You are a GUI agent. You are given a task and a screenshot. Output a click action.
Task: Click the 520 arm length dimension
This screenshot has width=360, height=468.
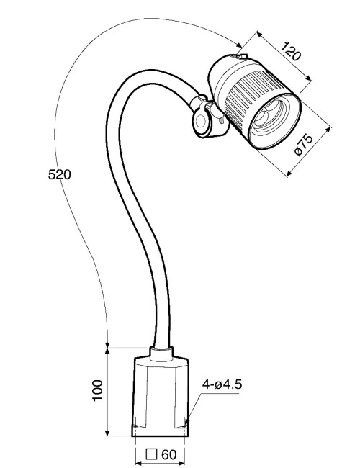click(58, 174)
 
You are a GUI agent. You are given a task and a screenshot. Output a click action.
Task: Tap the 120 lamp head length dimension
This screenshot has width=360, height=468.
click(290, 53)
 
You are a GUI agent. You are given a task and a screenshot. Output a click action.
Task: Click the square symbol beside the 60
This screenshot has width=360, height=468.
click(151, 454)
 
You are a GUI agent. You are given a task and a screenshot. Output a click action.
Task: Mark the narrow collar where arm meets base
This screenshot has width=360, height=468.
click(161, 353)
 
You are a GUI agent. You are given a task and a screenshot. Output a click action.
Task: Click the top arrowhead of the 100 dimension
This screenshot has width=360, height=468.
click(108, 350)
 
